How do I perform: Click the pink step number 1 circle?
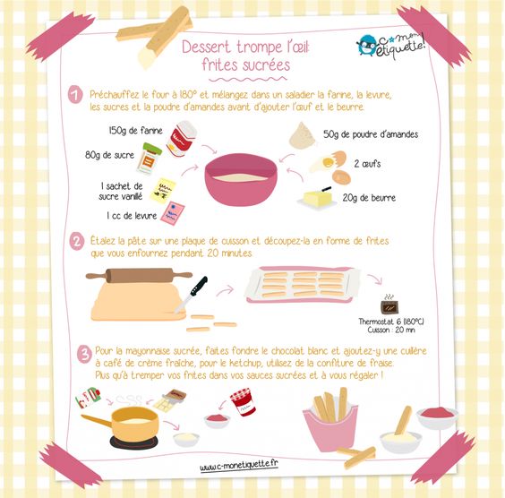(x=75, y=95)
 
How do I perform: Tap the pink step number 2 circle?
(x=77, y=241)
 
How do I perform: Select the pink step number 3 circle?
(x=84, y=354)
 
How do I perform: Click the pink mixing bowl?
(x=241, y=179)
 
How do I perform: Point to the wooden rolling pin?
(x=139, y=275)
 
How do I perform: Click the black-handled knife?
(x=192, y=294)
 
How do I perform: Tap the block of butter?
(x=316, y=197)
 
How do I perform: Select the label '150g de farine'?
(x=135, y=131)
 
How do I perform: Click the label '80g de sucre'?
(x=109, y=155)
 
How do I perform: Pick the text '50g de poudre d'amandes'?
(x=371, y=134)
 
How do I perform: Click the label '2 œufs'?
(x=367, y=164)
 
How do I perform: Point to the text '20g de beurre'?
(x=369, y=197)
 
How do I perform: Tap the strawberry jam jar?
(x=244, y=402)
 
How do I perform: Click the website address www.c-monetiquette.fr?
(x=239, y=466)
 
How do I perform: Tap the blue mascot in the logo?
(x=367, y=45)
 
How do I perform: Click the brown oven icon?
(x=389, y=306)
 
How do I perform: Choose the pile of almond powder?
(x=302, y=135)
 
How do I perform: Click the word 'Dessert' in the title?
(x=207, y=47)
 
